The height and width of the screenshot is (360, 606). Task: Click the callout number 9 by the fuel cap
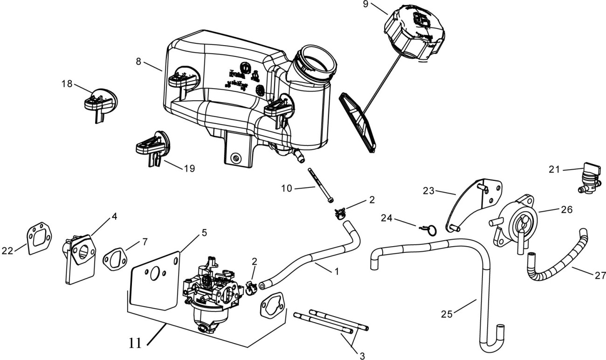365,5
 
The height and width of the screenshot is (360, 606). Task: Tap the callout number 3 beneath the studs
362,355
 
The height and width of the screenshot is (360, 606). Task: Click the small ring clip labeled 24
431,229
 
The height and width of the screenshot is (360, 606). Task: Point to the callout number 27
600,276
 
